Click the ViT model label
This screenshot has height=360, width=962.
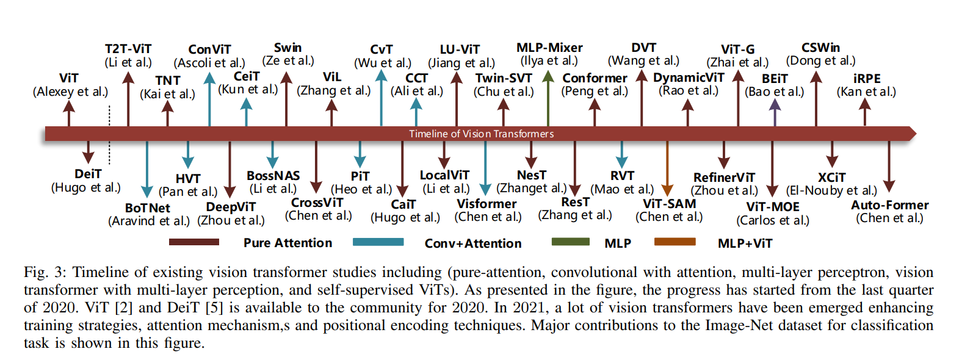coord(69,79)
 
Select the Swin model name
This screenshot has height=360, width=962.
coord(288,48)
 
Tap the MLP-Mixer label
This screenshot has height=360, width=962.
coord(549,48)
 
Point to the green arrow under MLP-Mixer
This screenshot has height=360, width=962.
coord(548,98)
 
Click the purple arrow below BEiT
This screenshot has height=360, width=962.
coord(775,112)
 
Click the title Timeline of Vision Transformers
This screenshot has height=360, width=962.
coord(481,134)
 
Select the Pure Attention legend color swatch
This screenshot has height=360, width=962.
coord(194,242)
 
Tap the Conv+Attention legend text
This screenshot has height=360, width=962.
coord(473,243)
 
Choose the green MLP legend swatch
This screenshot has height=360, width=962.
coord(570,242)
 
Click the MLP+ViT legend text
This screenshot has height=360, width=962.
coord(745,243)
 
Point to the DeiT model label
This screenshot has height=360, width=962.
coord(88,174)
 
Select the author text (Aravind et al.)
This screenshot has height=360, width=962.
coord(148,221)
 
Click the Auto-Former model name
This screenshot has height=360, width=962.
coord(890,205)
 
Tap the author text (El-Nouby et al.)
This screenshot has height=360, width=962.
coord(831,190)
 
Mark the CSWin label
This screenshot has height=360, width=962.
coord(821,48)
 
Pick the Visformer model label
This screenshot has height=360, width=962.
coord(486,203)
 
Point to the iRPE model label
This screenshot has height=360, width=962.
coord(867,79)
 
